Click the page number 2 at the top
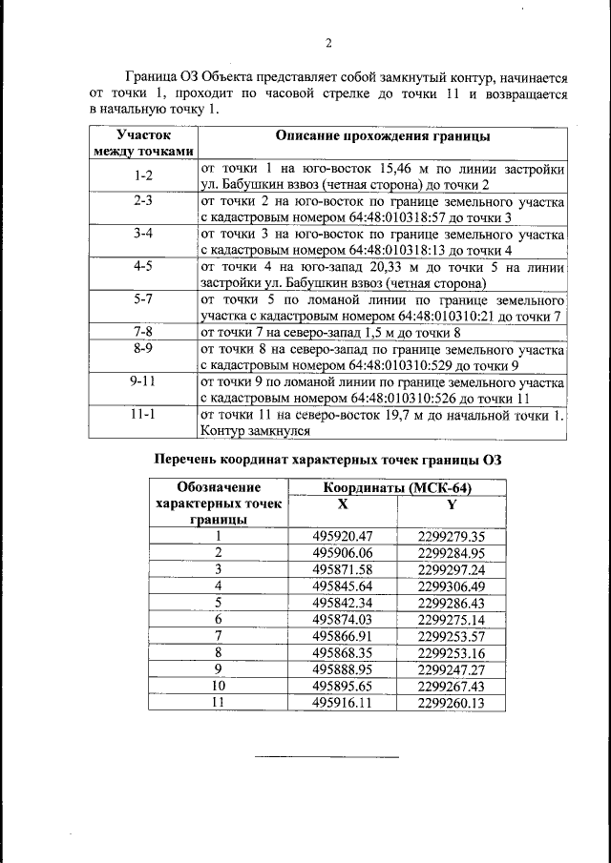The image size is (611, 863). [327, 43]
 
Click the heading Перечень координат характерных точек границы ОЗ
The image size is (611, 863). [327, 460]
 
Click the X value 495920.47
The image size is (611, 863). [342, 536]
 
